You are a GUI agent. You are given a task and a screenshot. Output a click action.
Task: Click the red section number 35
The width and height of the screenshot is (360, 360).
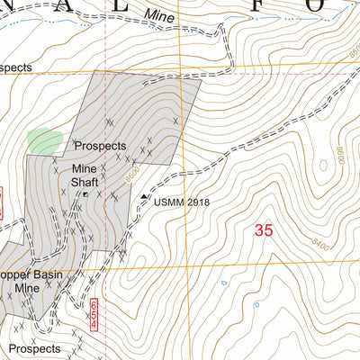tap(263, 230)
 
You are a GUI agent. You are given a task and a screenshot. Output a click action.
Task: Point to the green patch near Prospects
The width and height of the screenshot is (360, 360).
tap(45, 140)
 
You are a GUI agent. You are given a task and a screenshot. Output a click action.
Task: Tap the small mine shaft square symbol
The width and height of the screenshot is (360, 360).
tap(85, 193)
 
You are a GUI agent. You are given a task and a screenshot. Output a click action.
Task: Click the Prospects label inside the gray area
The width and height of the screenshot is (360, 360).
tap(100, 146)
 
